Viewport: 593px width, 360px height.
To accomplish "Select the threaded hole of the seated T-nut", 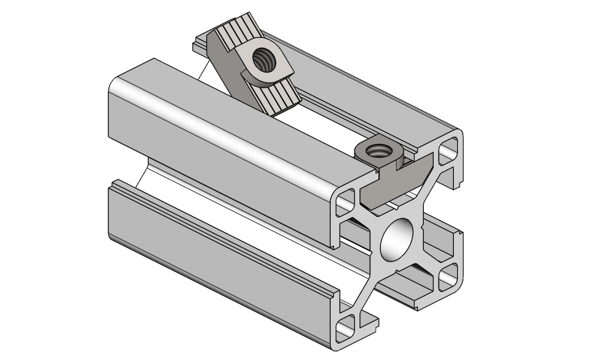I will coord(377,151).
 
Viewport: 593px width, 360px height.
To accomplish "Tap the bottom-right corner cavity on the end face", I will coord(448,277).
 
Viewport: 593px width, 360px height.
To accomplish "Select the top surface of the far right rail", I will coord(365,91).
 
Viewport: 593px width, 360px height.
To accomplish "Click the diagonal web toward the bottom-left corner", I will coord(365,292).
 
